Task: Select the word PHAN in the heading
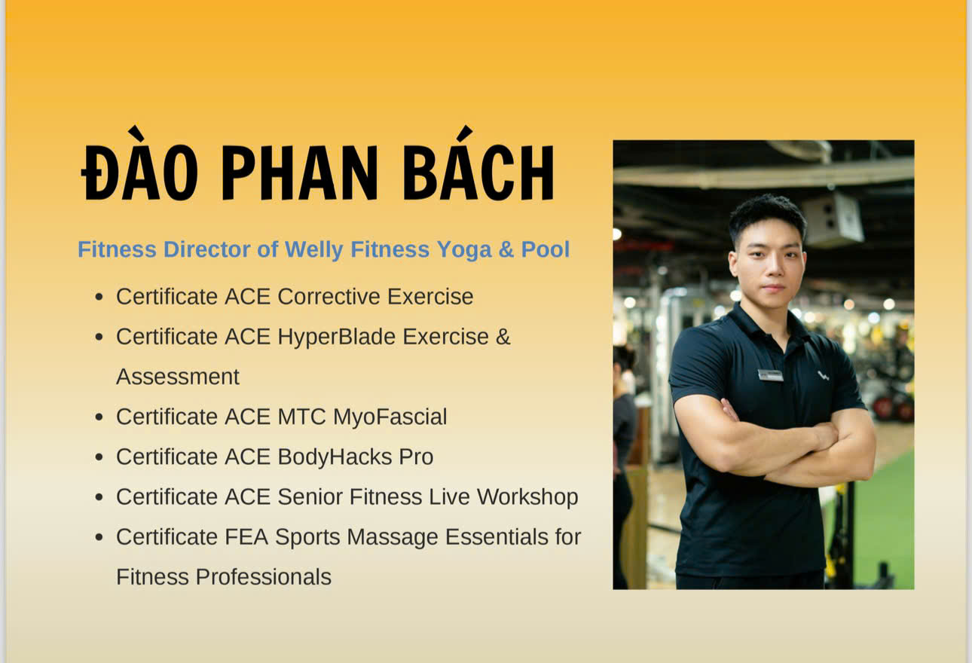click(x=300, y=173)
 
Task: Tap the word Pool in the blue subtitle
click(x=546, y=249)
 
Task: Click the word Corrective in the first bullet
click(x=329, y=297)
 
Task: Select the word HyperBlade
click(x=336, y=338)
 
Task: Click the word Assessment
click(x=178, y=377)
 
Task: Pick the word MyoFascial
click(x=390, y=417)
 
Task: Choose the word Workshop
click(x=527, y=497)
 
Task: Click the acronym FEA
click(x=246, y=536)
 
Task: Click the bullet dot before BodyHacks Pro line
click(x=99, y=457)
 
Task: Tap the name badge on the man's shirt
click(x=770, y=375)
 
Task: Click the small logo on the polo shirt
click(x=823, y=375)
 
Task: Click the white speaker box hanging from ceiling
click(x=833, y=220)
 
